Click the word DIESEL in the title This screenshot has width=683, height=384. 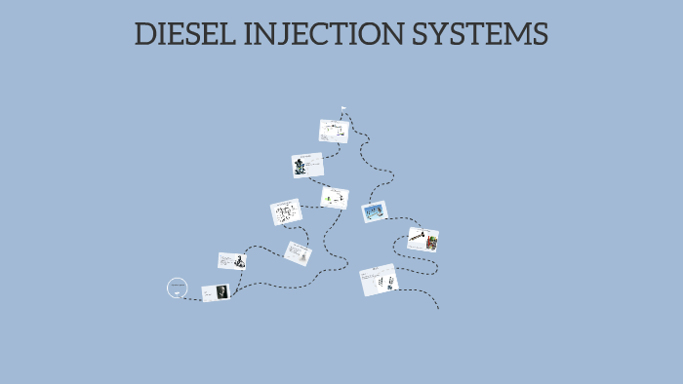(184, 35)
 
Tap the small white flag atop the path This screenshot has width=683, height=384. (343, 108)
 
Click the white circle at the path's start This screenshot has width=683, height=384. (177, 287)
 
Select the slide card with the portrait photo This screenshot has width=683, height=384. (216, 292)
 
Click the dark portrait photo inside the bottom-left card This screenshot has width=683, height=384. (221, 291)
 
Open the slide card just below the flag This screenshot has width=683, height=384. (334, 131)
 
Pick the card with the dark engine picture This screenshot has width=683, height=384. (307, 166)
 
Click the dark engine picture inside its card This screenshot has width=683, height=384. (301, 167)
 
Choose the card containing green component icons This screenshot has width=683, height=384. (335, 198)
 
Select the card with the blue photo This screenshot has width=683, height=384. (375, 211)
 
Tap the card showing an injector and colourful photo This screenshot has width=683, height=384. (422, 239)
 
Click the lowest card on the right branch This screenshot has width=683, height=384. (379, 281)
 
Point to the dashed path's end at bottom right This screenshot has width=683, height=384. (438, 308)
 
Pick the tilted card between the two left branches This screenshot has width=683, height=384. (298, 253)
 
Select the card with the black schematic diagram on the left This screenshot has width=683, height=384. (286, 212)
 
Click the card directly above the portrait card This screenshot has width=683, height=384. (231, 260)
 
